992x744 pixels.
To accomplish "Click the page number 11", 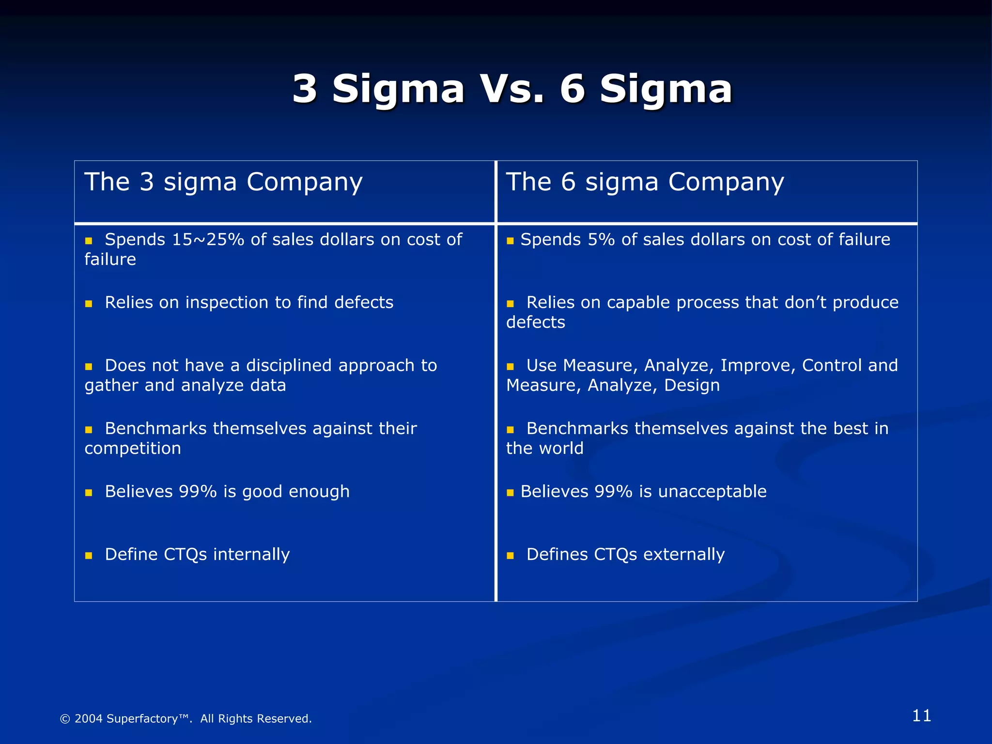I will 921,716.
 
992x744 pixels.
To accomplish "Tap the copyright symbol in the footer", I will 64,719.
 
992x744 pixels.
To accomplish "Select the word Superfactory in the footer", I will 142,719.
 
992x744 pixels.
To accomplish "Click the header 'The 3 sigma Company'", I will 223,183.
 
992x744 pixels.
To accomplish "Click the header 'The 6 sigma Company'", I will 645,183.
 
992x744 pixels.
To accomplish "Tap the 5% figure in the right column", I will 601,240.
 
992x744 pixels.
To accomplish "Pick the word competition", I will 133,449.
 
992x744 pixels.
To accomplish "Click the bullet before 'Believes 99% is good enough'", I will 89,493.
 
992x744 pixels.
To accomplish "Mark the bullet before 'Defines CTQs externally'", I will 510,556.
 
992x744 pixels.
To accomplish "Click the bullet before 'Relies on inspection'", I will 89,304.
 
